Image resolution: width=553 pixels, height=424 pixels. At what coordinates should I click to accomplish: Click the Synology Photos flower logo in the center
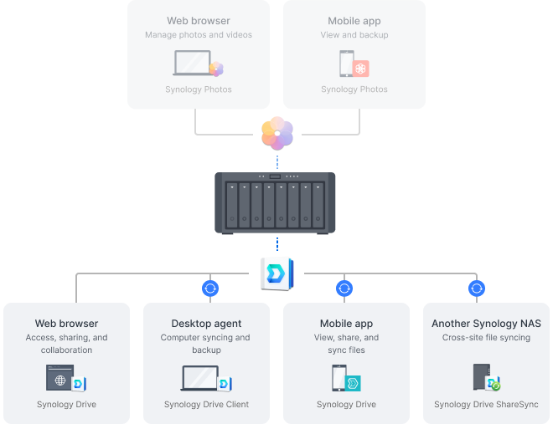276,132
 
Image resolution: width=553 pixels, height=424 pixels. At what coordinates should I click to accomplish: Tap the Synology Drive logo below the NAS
276,272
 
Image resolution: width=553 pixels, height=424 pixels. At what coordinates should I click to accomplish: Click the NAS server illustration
276,202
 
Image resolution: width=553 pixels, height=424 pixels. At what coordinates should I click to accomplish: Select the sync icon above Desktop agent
210,289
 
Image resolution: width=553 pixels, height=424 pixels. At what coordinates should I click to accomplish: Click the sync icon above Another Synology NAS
477,289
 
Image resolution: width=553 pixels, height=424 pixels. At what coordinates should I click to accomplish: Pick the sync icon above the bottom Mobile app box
344,289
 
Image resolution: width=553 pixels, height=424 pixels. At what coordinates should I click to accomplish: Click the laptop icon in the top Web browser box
193,64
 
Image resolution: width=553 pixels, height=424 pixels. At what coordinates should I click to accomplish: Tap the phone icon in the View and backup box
345,64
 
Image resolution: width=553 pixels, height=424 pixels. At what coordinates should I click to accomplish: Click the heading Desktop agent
206,324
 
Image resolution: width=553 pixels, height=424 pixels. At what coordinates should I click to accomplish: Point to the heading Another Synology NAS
486,324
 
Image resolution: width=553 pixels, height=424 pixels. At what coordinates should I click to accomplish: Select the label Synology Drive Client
206,405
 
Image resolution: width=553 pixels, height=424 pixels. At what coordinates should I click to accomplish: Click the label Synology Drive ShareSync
486,405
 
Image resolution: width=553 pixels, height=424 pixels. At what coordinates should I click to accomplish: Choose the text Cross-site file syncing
486,338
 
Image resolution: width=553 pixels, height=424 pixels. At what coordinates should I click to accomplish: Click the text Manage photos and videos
199,35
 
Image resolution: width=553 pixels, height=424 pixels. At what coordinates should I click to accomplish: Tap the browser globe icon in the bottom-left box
59,379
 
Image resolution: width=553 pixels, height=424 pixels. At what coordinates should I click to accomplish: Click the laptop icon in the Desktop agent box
199,379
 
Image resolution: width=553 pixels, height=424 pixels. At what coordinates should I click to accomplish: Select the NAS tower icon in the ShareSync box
480,378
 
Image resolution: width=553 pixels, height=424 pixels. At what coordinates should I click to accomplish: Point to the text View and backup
354,35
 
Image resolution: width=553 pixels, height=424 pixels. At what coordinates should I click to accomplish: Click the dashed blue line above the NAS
276,161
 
